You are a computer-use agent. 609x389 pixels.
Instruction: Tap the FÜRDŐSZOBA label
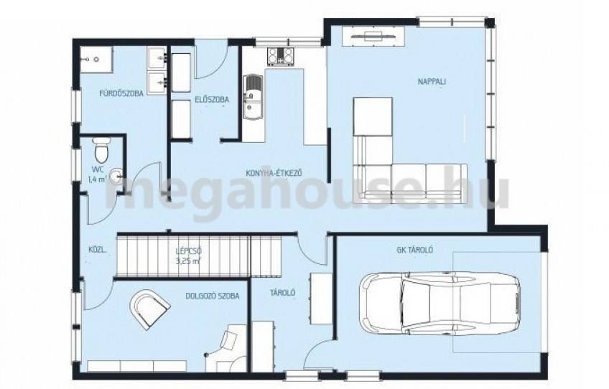[x=121, y=93]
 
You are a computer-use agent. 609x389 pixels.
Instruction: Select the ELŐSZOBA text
[x=212, y=100]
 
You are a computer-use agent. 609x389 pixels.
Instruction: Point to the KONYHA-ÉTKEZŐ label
[x=274, y=173]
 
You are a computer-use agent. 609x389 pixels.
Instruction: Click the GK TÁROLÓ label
[x=415, y=250]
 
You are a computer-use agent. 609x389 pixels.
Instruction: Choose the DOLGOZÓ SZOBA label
[x=212, y=296]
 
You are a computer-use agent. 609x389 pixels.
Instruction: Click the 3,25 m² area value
[x=189, y=261]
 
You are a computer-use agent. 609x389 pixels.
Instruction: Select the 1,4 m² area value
[x=98, y=179]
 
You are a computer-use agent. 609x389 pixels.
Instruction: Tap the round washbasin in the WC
[x=116, y=177]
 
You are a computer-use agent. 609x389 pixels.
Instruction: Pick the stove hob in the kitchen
[x=280, y=55]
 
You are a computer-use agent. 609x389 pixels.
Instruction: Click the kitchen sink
[x=253, y=97]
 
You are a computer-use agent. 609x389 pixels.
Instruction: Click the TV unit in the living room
[x=373, y=37]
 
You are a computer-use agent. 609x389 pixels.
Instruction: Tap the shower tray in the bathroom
[x=97, y=60]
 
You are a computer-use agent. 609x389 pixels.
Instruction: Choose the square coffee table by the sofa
[x=373, y=116]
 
